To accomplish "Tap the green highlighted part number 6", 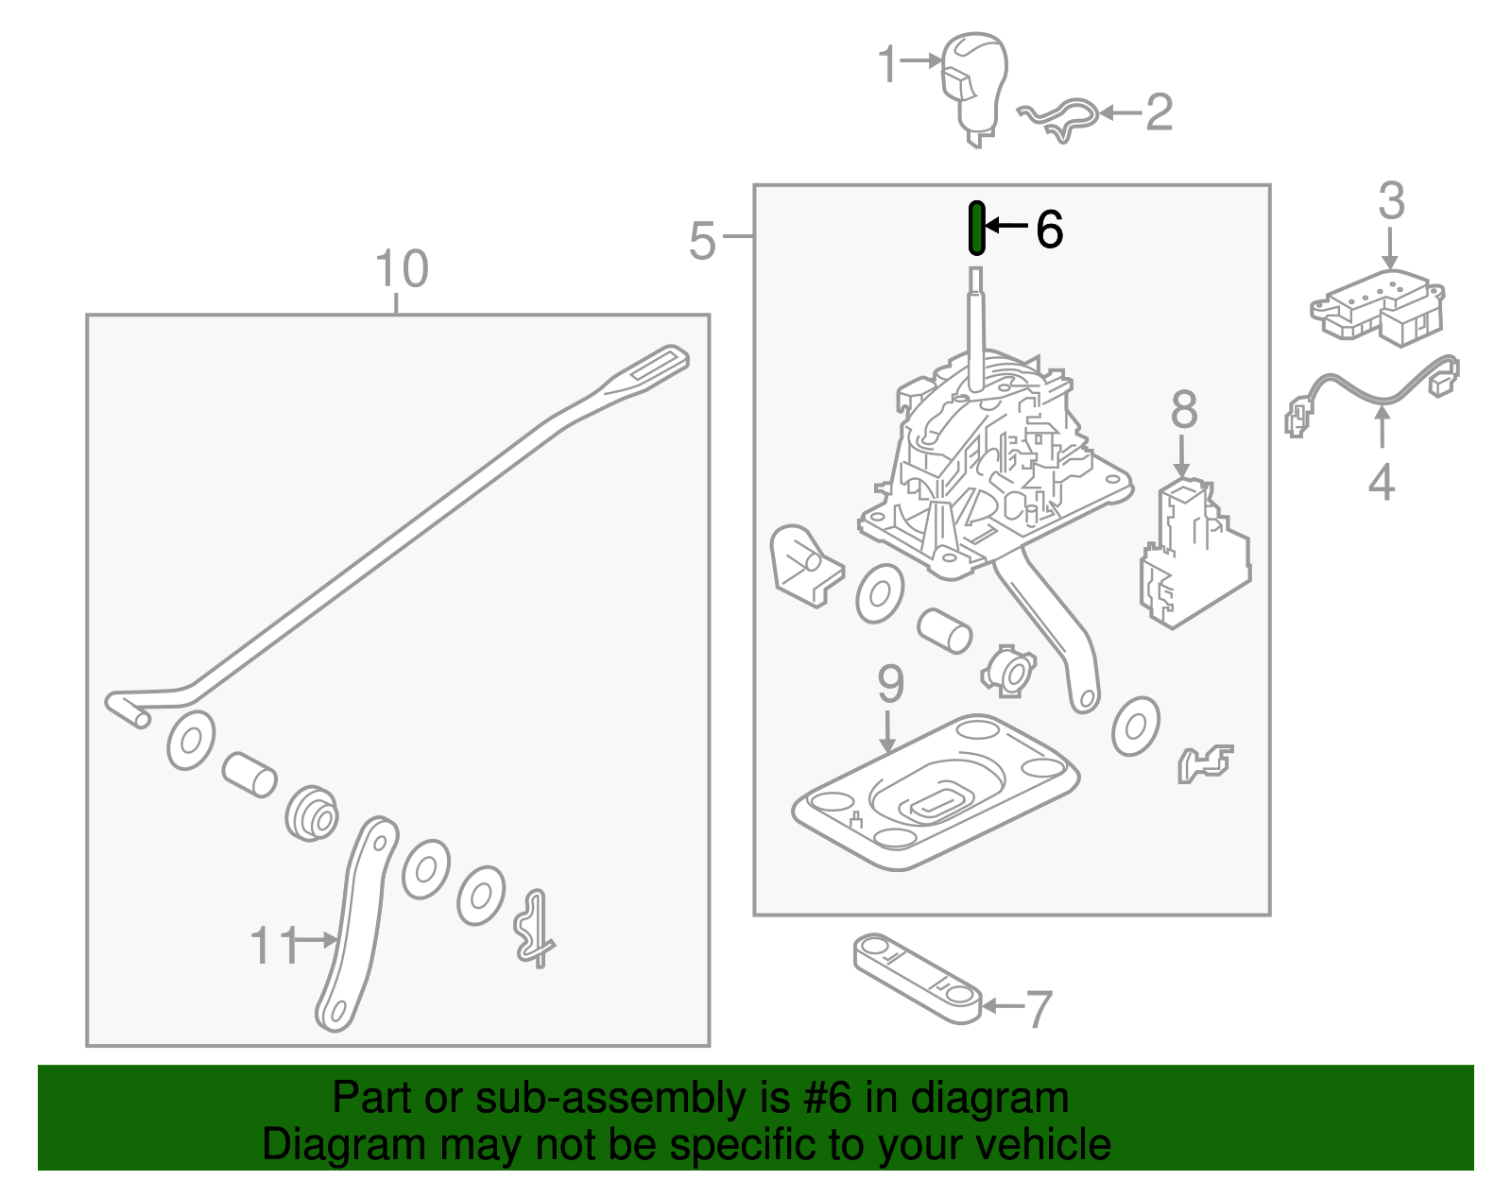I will (x=977, y=228).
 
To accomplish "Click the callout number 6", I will (x=1049, y=230).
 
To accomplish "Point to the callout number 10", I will (x=402, y=269).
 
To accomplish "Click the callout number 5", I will (x=702, y=241).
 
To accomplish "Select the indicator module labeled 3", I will (x=1378, y=305).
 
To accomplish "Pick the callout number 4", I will (x=1381, y=483).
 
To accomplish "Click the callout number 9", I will (x=890, y=684).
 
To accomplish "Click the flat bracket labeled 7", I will (x=917, y=978).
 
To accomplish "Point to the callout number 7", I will (x=1039, y=1009).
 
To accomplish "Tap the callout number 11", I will (x=273, y=945).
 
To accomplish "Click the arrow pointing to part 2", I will (x=1120, y=113).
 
